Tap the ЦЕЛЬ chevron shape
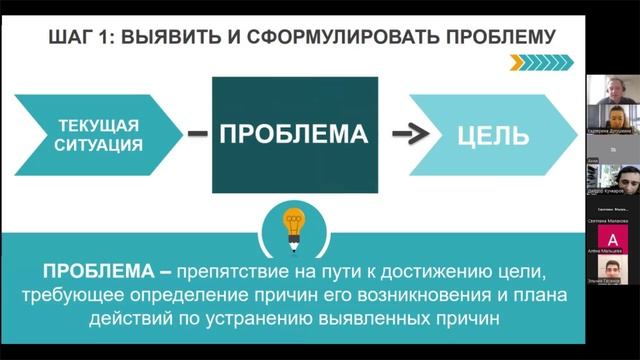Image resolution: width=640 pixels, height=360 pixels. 491,136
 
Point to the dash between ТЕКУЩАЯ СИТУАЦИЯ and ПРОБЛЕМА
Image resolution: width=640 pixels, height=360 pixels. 198,134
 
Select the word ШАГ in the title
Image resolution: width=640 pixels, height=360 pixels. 72,38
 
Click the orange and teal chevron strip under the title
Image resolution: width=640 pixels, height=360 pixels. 541,62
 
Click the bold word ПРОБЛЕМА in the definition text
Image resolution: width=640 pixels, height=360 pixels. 99,272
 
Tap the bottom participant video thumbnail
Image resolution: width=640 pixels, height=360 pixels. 611,271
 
